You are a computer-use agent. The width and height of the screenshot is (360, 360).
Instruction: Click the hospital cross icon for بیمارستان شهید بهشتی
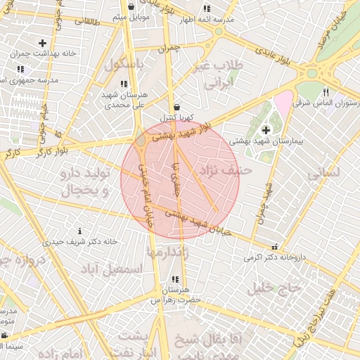click(266, 129)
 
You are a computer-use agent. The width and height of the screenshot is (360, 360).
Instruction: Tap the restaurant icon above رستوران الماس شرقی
click(325, 92)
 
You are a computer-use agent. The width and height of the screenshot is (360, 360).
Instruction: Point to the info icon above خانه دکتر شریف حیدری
click(79, 231)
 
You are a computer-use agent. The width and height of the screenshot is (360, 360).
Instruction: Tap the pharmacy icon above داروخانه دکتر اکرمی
click(274, 247)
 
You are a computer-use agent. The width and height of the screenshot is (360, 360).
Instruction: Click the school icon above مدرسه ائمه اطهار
click(206, 8)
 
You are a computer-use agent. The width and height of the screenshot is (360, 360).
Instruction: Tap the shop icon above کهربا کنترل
click(176, 108)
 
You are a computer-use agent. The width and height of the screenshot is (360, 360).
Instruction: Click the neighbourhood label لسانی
click(324, 171)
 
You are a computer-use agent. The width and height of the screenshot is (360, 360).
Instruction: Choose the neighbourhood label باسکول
click(122, 64)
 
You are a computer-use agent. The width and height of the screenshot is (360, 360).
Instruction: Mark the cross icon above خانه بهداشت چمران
click(43, 43)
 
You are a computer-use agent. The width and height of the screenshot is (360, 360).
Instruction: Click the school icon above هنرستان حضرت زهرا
click(174, 280)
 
